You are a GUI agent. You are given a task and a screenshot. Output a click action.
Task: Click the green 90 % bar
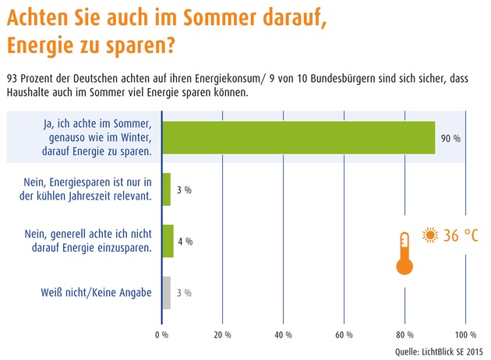(x=298, y=137)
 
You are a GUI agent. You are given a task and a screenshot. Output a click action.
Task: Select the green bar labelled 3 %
(x=166, y=189)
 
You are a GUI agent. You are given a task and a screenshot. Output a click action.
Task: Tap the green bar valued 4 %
(x=168, y=241)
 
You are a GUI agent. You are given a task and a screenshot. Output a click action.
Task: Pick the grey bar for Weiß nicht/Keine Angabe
(x=166, y=292)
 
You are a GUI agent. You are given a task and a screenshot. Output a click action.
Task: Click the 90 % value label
(x=450, y=138)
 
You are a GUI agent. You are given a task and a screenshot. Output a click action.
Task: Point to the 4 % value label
(x=185, y=242)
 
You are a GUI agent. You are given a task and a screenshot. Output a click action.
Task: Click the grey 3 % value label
(x=183, y=293)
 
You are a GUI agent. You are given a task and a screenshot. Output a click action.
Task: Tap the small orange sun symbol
(x=429, y=235)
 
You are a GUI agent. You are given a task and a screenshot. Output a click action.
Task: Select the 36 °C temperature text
(x=461, y=235)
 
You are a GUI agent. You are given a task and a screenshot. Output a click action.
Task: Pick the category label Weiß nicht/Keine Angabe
(x=97, y=293)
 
